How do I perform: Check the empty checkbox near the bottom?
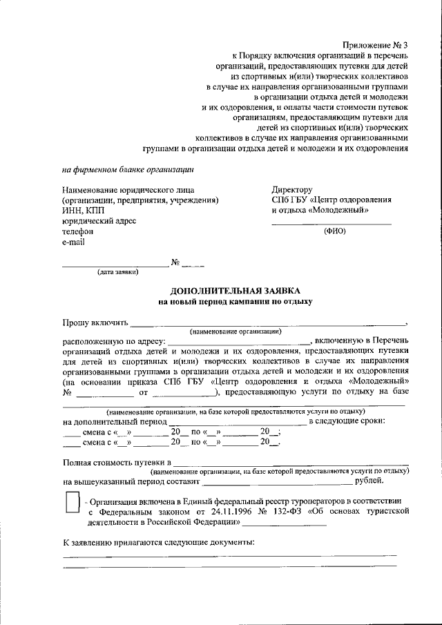pyautogui.click(x=72, y=502)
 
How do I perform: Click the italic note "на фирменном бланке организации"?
pyautogui.click(x=128, y=169)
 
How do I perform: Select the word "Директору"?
pyautogui.click(x=293, y=190)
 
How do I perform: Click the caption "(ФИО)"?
pyautogui.click(x=335, y=231)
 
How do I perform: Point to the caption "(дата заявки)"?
pyautogui.click(x=117, y=272)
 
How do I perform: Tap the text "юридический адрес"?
pyautogui.click(x=99, y=221)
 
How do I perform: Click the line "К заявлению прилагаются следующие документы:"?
pyautogui.click(x=158, y=542)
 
